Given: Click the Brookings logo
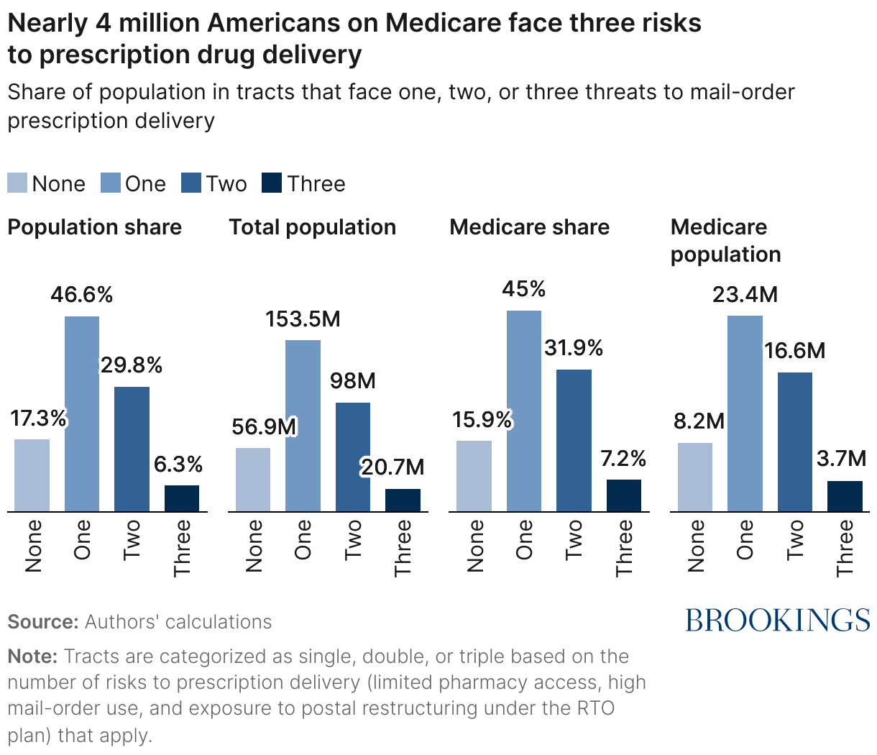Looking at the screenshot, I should coord(777,620).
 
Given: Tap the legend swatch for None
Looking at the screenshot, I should coord(17,183).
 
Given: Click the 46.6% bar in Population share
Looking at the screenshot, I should coord(82,413).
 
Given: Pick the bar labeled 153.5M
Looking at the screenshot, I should coord(303,426).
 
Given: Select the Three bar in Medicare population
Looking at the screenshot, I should coord(845,496).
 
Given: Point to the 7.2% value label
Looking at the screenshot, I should coord(623,459).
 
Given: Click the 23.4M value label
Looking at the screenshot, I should coord(745,295).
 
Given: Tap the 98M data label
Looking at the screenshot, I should coord(352,381).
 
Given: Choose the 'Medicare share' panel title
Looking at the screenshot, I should coord(529,227).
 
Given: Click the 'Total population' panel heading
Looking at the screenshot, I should coord(312,227).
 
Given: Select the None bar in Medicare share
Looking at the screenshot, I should coord(474,476).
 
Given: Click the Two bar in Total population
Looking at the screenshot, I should coord(353,457).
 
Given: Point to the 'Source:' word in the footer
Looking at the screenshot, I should coord(42,622).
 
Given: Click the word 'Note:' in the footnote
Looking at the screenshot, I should coord(32,656).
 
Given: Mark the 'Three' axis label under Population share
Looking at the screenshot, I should coord(183,547).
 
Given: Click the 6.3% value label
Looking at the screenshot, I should coord(178,465).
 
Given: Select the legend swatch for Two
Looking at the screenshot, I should coord(192,183).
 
